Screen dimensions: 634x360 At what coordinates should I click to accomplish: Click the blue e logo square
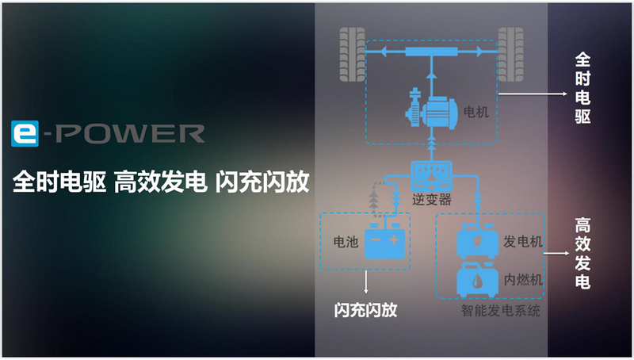pyautogui.click(x=25, y=133)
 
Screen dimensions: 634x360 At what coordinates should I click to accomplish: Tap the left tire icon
pyautogui.click(x=352, y=55)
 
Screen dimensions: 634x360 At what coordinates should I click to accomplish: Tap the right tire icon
pyautogui.click(x=510, y=55)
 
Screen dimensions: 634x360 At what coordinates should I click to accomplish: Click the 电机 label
pyautogui.click(x=476, y=112)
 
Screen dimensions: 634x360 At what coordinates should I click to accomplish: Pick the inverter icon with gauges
pyautogui.click(x=431, y=176)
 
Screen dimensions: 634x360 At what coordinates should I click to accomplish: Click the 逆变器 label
pyautogui.click(x=431, y=199)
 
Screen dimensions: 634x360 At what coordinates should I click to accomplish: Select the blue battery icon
pyautogui.click(x=385, y=241)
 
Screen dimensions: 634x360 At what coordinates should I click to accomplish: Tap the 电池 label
pyautogui.click(x=346, y=242)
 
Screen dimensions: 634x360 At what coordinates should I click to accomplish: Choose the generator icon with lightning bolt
pyautogui.click(x=477, y=241)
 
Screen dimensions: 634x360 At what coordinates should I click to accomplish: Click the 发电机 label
pyautogui.click(x=522, y=242)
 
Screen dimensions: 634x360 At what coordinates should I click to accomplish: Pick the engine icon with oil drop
pyautogui.click(x=477, y=280)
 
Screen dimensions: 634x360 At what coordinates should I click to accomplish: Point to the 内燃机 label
pyautogui.click(x=523, y=279)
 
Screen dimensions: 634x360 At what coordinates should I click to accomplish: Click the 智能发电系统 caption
pyautogui.click(x=501, y=311)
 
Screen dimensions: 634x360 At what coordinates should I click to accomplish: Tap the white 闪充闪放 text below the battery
pyautogui.click(x=365, y=310)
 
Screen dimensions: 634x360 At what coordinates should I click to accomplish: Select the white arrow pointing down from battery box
pyautogui.click(x=366, y=281)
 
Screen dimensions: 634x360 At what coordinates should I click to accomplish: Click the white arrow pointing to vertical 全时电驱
pyautogui.click(x=533, y=94)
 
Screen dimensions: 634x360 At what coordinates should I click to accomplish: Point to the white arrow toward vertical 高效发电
pyautogui.click(x=556, y=254)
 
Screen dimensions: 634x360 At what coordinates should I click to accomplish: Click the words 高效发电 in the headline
pyautogui.click(x=161, y=182)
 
